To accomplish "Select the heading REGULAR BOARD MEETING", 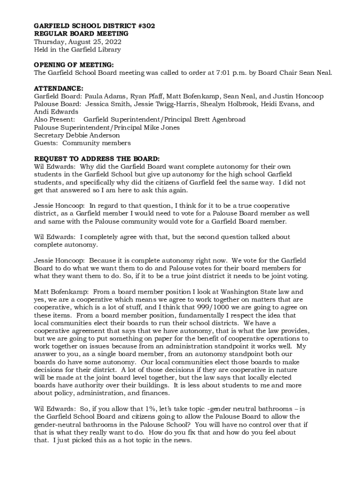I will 81,34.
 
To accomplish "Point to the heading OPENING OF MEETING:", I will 74,65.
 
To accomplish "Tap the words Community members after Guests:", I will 97,143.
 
